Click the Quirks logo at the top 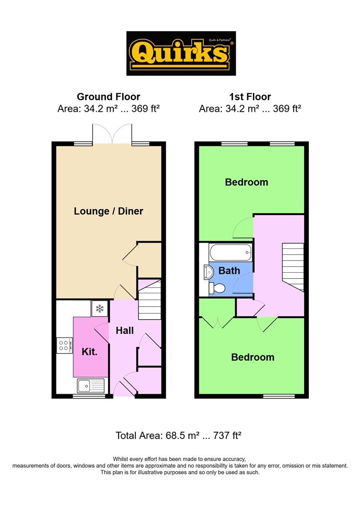pos(181,54)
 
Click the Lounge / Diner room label pos(109,211)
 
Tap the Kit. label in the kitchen pos(89,352)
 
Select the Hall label pos(124,331)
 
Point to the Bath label pos(229,270)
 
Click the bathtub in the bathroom pos(230,253)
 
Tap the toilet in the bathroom pos(217,289)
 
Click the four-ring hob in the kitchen pos(65,345)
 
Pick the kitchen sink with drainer pos(90,386)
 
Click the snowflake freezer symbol pos(99,309)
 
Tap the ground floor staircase pos(150,300)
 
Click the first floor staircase pos(293,267)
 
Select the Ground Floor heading pos(109,97)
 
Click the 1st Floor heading pos(250,97)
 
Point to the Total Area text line pos(178,435)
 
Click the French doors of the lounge pos(112,134)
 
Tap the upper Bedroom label pos(246,182)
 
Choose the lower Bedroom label pos(252,357)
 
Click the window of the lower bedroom pos(279,396)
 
